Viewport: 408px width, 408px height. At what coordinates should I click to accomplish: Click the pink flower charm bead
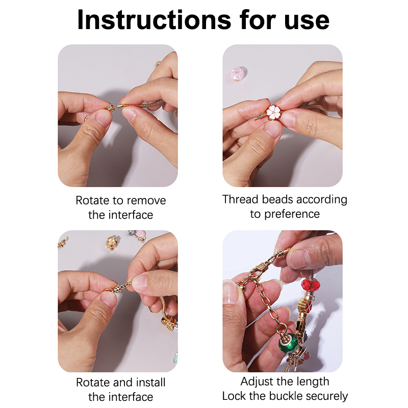pos(273,112)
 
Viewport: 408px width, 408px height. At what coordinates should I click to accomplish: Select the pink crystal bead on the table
pos(238,73)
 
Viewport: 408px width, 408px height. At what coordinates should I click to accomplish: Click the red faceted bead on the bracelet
pos(311,285)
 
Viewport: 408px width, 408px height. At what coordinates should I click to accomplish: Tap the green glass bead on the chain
pos(288,343)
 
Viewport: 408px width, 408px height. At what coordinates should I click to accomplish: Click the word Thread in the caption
pos(240,199)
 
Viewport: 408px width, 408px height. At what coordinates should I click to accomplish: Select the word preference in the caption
pos(292,214)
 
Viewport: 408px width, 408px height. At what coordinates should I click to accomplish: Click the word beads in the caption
pos(277,199)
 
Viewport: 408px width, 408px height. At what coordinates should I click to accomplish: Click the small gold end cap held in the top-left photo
pos(111,108)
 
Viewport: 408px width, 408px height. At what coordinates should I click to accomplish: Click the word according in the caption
pos(322,200)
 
